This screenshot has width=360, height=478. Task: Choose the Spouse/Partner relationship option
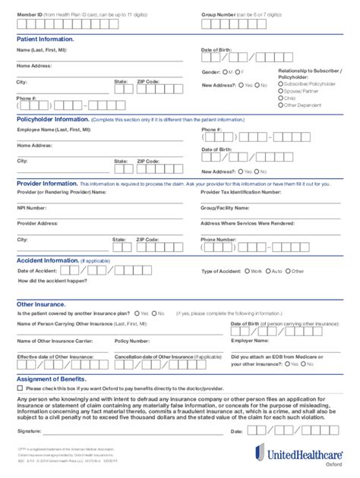click(282, 90)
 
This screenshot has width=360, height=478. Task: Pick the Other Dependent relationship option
click(282, 105)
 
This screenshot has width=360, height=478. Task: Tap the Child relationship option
click(282, 98)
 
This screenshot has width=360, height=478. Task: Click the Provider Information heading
click(47, 183)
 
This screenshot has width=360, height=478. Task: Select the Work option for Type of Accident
click(246, 271)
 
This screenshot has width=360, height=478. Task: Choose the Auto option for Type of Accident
click(267, 271)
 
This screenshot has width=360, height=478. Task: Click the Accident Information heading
click(47, 260)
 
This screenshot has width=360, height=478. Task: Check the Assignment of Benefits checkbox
click(20, 388)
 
